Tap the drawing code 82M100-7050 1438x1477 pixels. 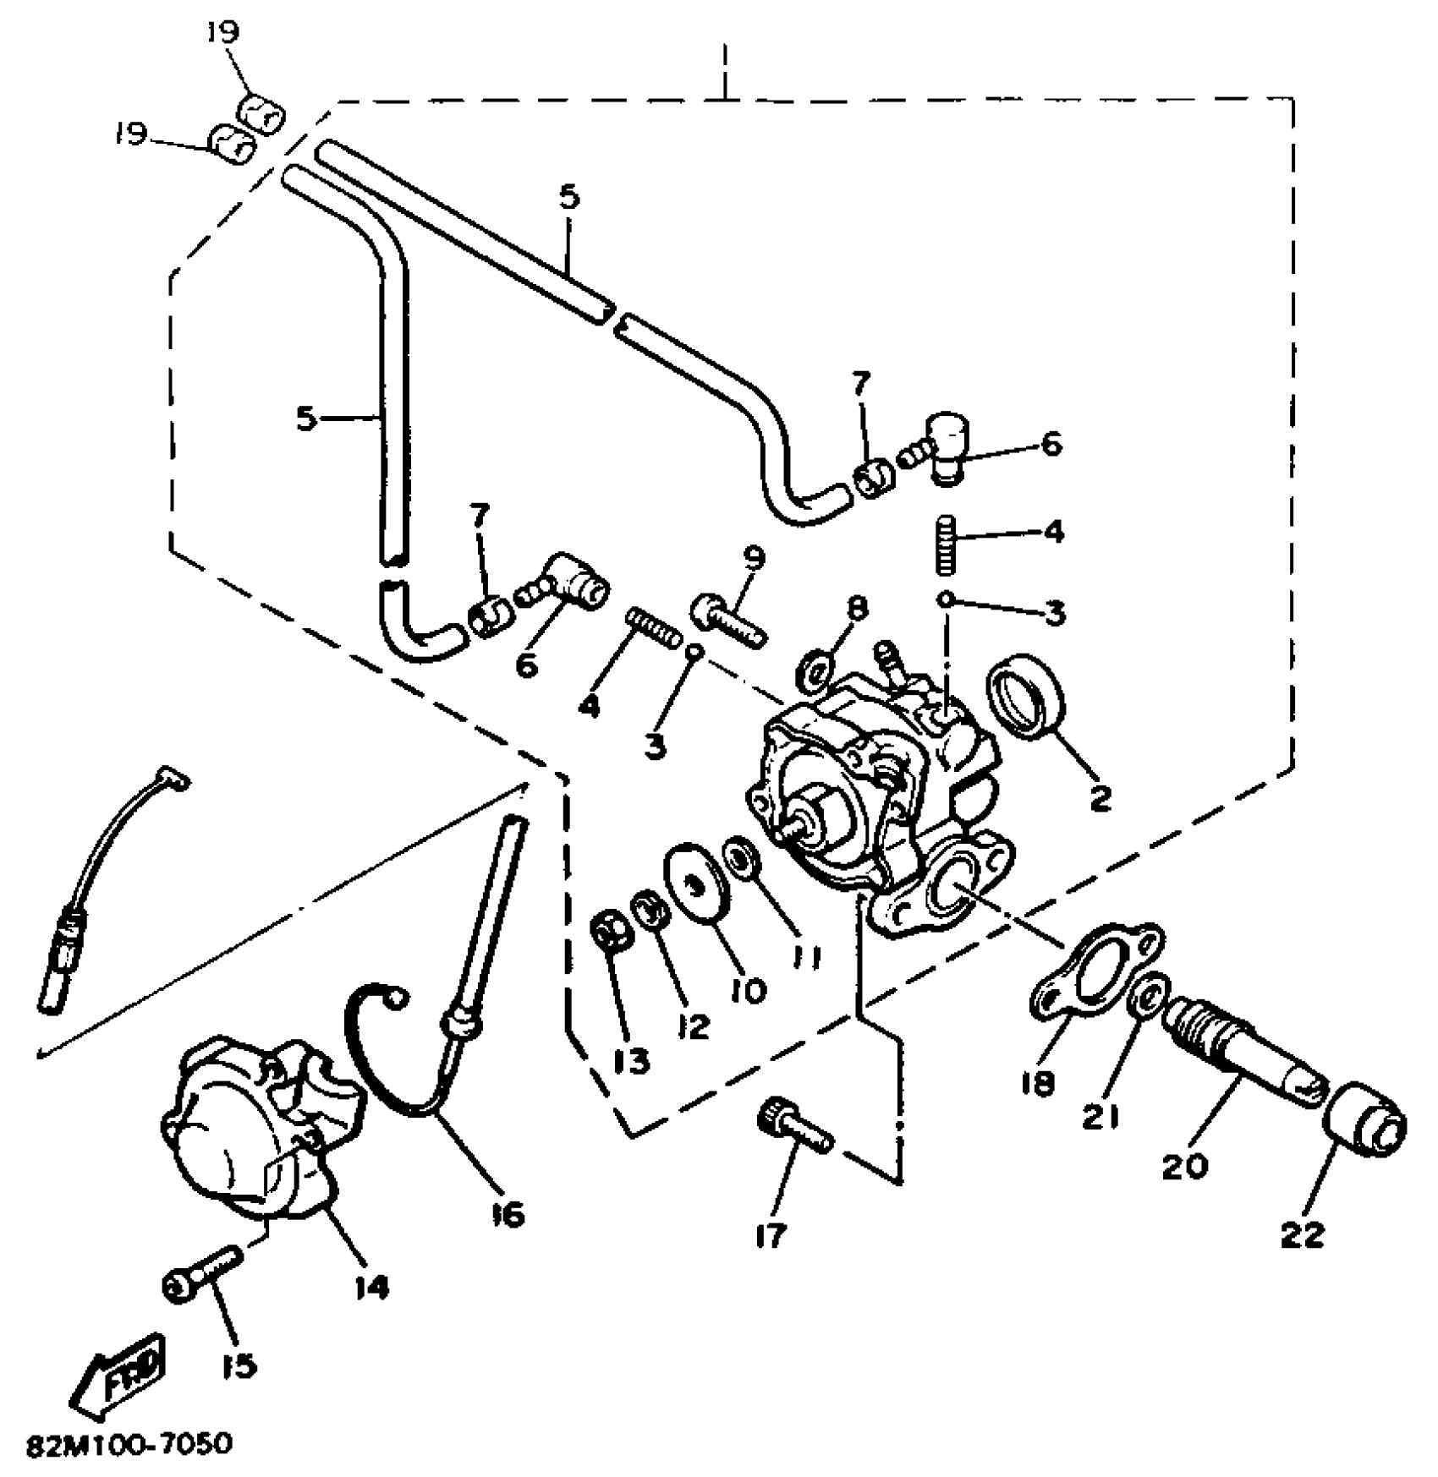coord(129,1446)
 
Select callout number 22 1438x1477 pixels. coord(1302,1236)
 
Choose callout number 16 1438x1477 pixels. coord(505,1215)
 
